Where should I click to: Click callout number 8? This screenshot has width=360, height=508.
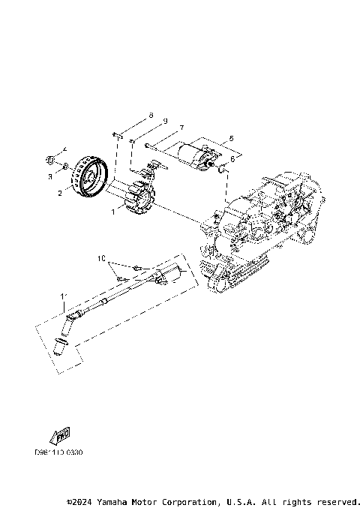(150, 116)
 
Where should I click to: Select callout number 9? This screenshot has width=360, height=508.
(165, 122)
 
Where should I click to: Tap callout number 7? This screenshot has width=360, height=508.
(181, 128)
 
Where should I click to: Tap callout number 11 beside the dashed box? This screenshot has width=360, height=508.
(63, 297)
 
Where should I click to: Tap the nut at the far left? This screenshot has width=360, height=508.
(49, 159)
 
